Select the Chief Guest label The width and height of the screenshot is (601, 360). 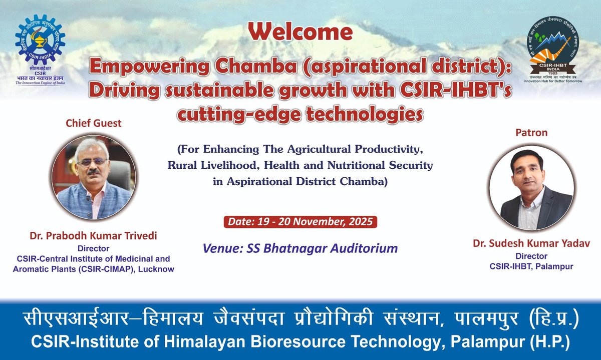(x=94, y=123)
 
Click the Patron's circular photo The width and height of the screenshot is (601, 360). (x=531, y=188)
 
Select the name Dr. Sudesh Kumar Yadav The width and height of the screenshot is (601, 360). (x=531, y=244)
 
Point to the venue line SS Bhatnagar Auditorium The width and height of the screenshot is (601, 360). (x=300, y=248)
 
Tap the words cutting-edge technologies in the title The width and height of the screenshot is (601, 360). (x=301, y=114)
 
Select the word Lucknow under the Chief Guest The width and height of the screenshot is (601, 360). (x=159, y=269)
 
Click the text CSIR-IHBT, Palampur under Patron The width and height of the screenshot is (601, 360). (x=531, y=266)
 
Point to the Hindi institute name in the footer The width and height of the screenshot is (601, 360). (x=300, y=318)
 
